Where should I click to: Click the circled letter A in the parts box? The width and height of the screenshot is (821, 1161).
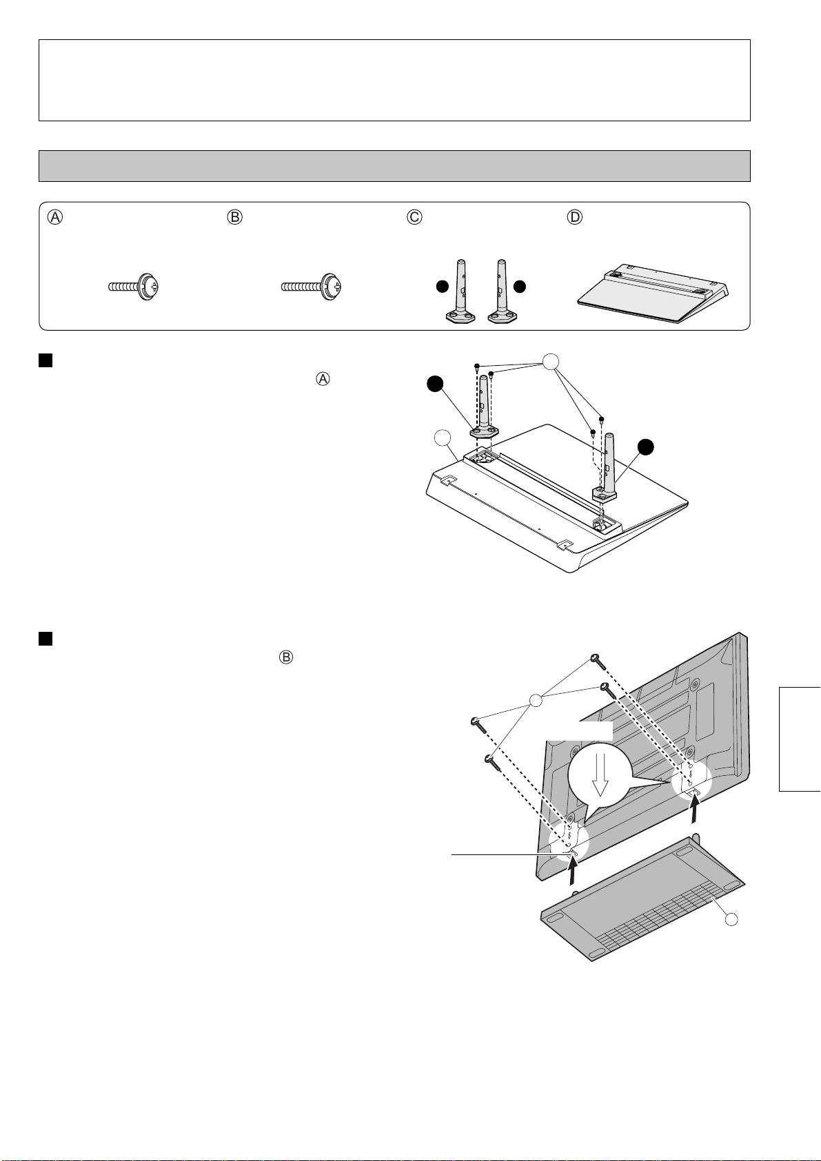pyautogui.click(x=55, y=217)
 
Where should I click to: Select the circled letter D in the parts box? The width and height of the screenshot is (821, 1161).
pyautogui.click(x=574, y=217)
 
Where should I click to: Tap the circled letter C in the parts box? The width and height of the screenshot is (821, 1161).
pyautogui.click(x=414, y=217)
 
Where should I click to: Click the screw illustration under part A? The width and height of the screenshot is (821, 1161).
pyautogui.click(x=134, y=287)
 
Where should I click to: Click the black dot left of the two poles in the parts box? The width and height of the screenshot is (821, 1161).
pyautogui.click(x=442, y=286)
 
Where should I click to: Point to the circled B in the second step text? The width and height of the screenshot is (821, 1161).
pyautogui.click(x=285, y=657)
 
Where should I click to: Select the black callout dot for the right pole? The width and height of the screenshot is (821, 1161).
pyautogui.click(x=645, y=447)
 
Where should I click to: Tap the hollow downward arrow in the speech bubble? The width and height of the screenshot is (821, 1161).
pyautogui.click(x=602, y=779)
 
